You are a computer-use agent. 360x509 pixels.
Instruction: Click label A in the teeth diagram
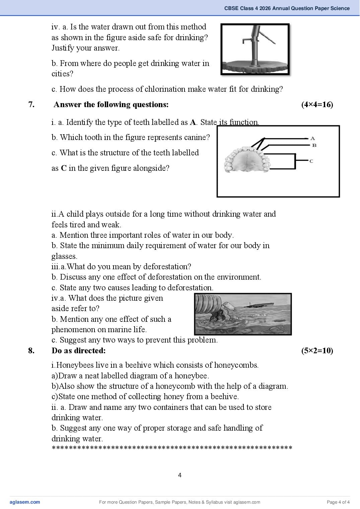pyautogui.click(x=312, y=138)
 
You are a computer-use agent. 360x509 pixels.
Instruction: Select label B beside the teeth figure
pyautogui.click(x=314, y=145)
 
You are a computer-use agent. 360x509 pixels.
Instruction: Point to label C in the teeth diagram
pyautogui.click(x=311, y=161)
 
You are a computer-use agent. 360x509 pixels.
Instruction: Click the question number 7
pyautogui.click(x=31, y=104)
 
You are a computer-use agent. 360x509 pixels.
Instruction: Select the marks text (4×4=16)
pyautogui.click(x=317, y=104)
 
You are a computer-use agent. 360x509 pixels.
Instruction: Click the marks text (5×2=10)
pyautogui.click(x=317, y=351)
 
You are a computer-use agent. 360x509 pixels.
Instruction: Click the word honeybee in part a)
pyautogui.click(x=192, y=376)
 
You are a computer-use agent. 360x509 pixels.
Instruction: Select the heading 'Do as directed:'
pyautogui.click(x=79, y=351)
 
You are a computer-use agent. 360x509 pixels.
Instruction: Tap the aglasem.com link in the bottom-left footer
pyautogui.click(x=25, y=502)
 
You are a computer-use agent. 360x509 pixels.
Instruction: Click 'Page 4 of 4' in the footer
pyautogui.click(x=338, y=502)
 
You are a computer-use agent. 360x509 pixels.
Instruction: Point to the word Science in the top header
pyautogui.click(x=340, y=8)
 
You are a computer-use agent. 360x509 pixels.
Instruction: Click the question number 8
pyautogui.click(x=31, y=351)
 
